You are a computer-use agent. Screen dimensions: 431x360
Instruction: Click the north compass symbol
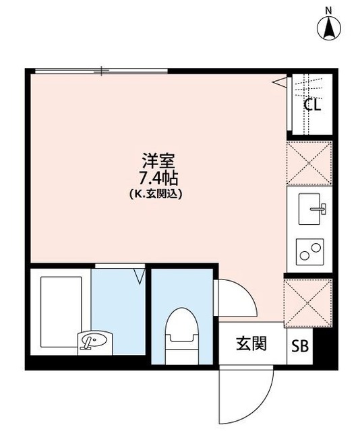330,28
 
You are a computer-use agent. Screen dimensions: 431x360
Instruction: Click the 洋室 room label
158,161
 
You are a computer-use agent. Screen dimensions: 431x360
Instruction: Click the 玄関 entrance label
251,344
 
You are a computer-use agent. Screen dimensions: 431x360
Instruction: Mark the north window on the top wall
100,70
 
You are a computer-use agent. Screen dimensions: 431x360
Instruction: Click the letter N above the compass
329,9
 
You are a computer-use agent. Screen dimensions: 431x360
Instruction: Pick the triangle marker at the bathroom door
140,275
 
